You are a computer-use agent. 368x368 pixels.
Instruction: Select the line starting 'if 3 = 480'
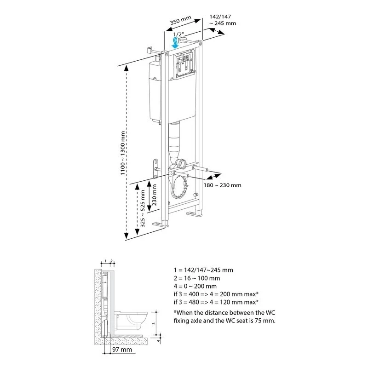[x=213, y=302]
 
